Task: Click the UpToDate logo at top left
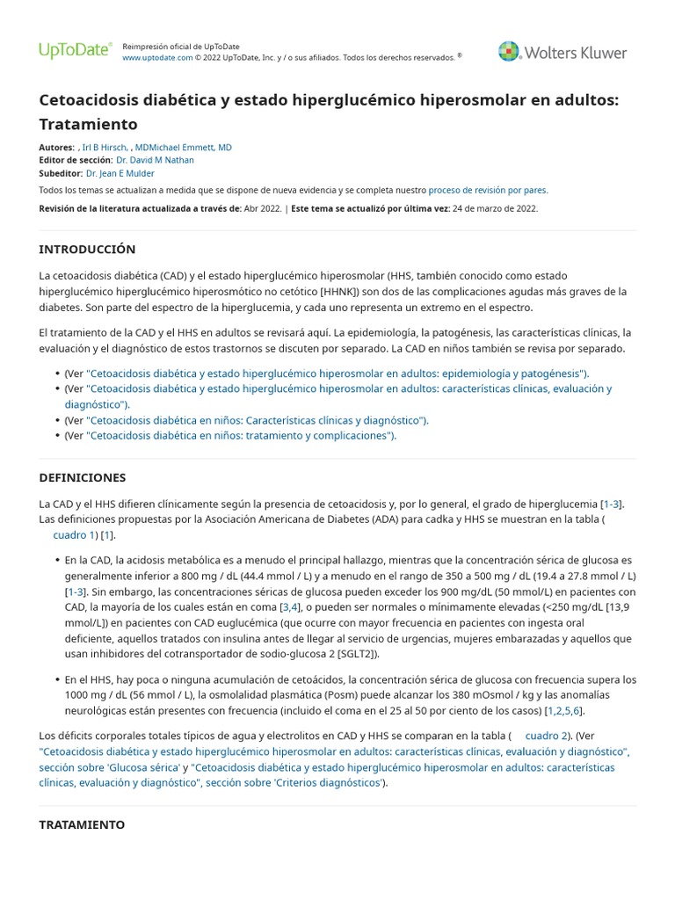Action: pos(75,51)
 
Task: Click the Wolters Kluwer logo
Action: pos(562,53)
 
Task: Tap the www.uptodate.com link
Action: pos(156,57)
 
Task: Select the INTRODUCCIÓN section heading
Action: pos(87,250)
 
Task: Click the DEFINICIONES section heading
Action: pos(83,477)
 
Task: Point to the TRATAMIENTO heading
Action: pos(82,824)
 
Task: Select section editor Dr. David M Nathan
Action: pos(155,161)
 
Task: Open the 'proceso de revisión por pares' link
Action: pos(488,190)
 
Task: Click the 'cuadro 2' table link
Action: pos(547,735)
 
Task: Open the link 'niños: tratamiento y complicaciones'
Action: pos(242,435)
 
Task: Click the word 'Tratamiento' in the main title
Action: pos(89,124)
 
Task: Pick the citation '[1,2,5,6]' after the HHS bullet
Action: pos(565,710)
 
